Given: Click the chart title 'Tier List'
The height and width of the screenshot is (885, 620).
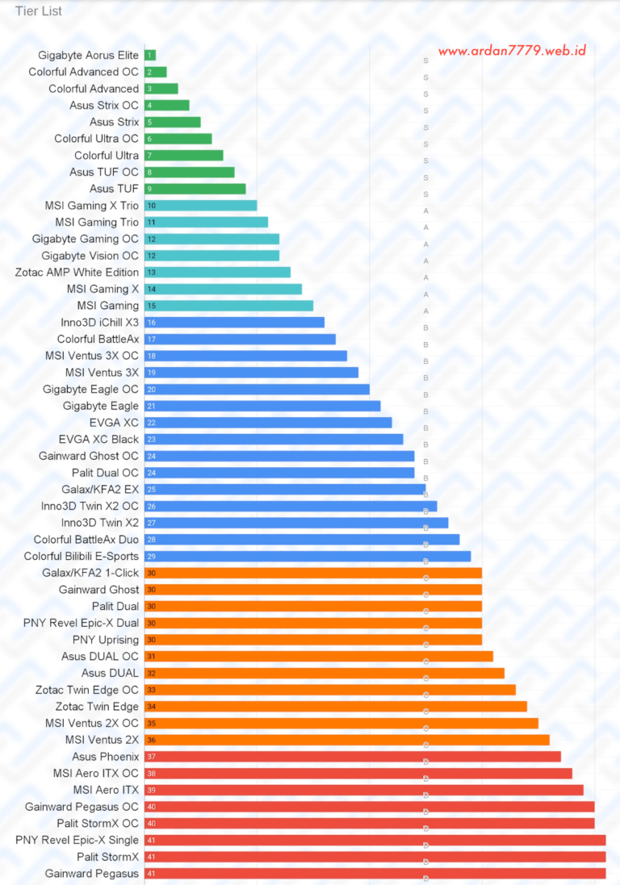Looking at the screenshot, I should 39,11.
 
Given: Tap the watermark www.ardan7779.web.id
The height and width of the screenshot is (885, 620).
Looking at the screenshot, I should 512,51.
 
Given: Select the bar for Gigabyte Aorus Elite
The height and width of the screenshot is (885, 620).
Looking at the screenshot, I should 150,56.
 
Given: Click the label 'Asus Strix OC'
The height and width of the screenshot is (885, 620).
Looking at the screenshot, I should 104,106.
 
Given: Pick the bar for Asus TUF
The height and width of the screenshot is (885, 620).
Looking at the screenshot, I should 195,189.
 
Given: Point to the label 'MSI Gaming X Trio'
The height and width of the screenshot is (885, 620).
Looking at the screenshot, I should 92,206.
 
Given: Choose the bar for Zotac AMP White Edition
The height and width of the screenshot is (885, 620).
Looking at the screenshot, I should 218,273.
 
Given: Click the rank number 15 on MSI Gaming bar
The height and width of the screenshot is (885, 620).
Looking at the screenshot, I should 151,306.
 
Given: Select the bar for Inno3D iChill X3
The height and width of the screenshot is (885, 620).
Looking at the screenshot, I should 235,323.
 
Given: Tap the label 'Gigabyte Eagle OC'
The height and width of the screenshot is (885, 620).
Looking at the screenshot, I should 91,390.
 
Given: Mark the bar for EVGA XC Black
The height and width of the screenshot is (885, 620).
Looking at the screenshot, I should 274,440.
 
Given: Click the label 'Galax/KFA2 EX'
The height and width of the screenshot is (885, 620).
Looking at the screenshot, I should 100,490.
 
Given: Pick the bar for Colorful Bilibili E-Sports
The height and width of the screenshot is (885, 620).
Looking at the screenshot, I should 308,557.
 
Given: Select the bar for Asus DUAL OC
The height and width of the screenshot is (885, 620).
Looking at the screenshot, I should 319,657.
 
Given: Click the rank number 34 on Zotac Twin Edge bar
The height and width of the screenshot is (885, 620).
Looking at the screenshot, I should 151,707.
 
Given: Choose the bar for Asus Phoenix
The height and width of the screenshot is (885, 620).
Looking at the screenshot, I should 353,757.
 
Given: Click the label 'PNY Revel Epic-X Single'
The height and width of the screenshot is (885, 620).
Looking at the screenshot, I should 77,841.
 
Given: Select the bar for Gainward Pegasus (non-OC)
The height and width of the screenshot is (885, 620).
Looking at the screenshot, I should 375,874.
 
